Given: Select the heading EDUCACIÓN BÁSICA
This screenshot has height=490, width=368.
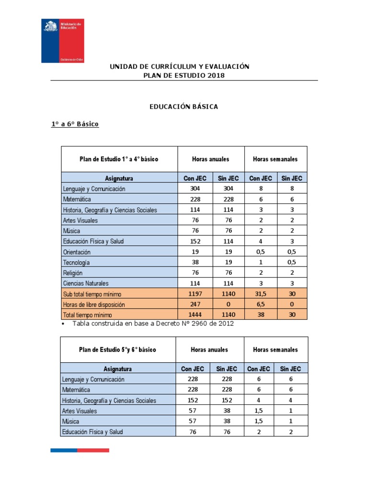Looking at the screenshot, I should click(x=184, y=107).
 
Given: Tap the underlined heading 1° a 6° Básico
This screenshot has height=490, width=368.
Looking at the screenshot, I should click(x=75, y=124).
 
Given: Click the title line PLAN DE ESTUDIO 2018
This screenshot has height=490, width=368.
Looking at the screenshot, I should click(x=184, y=76).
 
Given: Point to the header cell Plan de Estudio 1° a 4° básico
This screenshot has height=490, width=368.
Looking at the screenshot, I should click(x=119, y=159).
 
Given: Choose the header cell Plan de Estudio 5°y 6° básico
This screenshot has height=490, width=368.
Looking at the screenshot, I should click(x=118, y=350).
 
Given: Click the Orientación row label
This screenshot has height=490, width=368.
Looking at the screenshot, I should click(x=77, y=252).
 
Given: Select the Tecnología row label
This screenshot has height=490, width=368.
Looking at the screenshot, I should click(x=76, y=263).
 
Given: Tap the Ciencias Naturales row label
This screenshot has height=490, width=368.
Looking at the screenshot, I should click(x=86, y=283).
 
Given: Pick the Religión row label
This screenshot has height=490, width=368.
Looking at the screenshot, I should click(x=73, y=273).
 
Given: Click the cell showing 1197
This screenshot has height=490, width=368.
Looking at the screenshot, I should click(x=195, y=294).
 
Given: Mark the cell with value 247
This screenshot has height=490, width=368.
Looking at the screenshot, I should click(x=195, y=304).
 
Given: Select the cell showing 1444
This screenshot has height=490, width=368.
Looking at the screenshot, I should click(x=195, y=315).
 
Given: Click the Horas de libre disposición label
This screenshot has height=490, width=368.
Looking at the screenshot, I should click(x=94, y=304).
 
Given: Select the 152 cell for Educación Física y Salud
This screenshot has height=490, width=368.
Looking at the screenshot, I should click(x=195, y=242).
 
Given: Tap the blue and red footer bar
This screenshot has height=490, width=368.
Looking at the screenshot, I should click(x=80, y=450).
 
